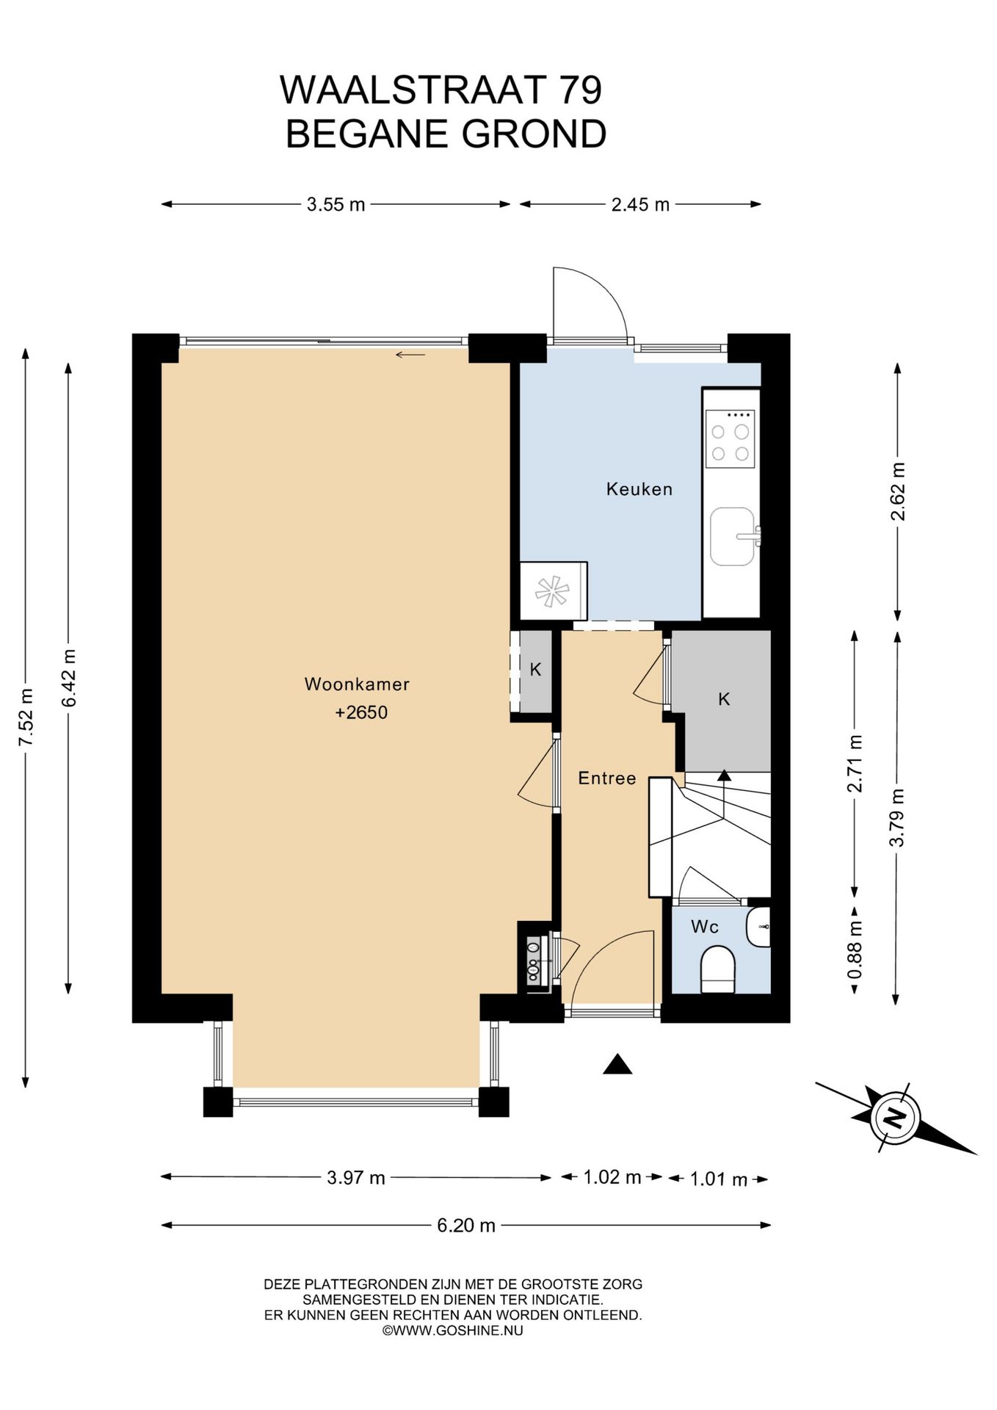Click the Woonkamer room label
pyautogui.click(x=357, y=684)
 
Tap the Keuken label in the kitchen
pyautogui.click(x=639, y=489)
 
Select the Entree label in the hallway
pyautogui.click(x=606, y=778)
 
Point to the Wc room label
pyautogui.click(x=705, y=927)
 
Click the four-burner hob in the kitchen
pyautogui.click(x=730, y=438)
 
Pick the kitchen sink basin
pyautogui.click(x=733, y=536)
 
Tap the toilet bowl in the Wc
pyautogui.click(x=718, y=969)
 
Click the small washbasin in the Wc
pyautogui.click(x=758, y=927)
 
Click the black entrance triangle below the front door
pyautogui.click(x=617, y=1065)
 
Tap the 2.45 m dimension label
pyautogui.click(x=640, y=205)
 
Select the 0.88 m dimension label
pyautogui.click(x=855, y=952)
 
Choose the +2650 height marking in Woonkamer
pyautogui.click(x=361, y=712)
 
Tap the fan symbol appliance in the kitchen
pyautogui.click(x=553, y=591)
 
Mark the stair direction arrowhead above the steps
pyautogui.click(x=724, y=774)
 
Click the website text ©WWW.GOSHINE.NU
pyautogui.click(x=453, y=1330)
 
